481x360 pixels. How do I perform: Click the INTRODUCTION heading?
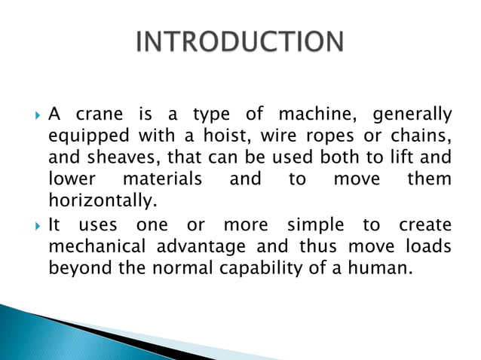point(240,43)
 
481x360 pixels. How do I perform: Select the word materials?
point(162,180)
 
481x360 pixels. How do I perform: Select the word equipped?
point(82,137)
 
